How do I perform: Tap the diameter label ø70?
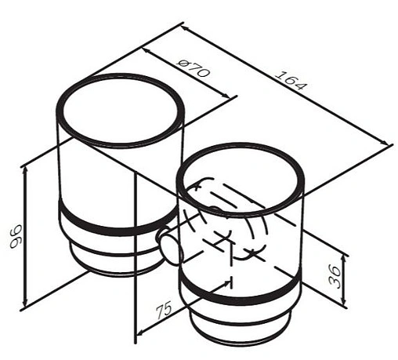pyautogui.click(x=194, y=68)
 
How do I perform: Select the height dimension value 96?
pyautogui.click(x=16, y=236)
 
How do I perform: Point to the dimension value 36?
pyautogui.click(x=335, y=276)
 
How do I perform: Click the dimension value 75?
pyautogui.click(x=164, y=310)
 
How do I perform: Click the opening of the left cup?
pyautogui.click(x=121, y=111)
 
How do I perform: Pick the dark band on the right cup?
pyautogui.click(x=241, y=291)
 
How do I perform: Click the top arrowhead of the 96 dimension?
pyautogui.click(x=25, y=170)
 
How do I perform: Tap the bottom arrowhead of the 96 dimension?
pyautogui.click(x=25, y=304)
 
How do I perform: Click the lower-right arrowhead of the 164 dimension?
pyautogui.click(x=385, y=142)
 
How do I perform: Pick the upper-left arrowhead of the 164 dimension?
pyautogui.click(x=186, y=28)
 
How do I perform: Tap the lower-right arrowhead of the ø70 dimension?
pyautogui.click(x=226, y=96)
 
